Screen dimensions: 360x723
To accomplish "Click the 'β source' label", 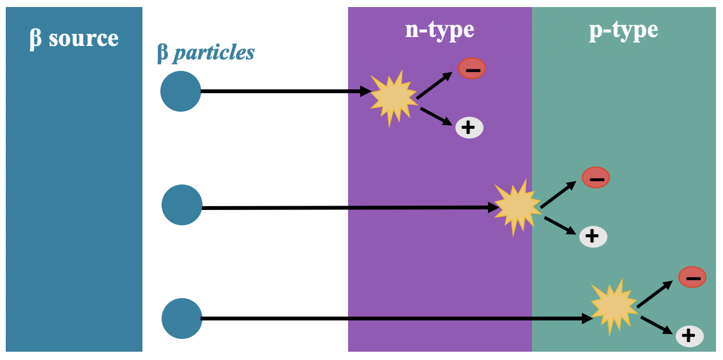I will click(74, 38).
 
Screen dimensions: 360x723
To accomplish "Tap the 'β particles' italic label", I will click(206, 52).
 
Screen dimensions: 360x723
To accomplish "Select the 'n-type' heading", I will click(439, 29).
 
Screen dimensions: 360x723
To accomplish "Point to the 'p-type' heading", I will click(623, 29).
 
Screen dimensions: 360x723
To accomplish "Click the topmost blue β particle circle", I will click(181, 91).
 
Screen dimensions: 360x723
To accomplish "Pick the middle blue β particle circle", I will click(182, 205).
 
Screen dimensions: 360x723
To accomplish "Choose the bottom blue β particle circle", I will click(182, 319).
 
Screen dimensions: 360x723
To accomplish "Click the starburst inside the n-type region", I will click(393, 98).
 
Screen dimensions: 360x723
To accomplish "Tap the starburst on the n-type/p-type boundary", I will click(517, 207).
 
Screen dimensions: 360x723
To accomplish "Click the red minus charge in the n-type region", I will click(472, 68).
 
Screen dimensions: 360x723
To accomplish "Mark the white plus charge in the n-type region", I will click(469, 128).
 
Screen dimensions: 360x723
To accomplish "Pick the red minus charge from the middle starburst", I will click(596, 177).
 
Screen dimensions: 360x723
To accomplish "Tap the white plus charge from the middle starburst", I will click(593, 237).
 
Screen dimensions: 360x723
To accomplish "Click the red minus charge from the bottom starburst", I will click(692, 277).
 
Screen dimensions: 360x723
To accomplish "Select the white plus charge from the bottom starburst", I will click(689, 336).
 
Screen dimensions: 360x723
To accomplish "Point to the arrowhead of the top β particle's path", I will click(366, 91).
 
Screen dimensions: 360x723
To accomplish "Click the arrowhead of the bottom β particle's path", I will click(587, 318).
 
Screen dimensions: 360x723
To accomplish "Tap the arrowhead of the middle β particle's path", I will click(493, 207).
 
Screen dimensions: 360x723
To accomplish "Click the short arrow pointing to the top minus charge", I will click(435, 85).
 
